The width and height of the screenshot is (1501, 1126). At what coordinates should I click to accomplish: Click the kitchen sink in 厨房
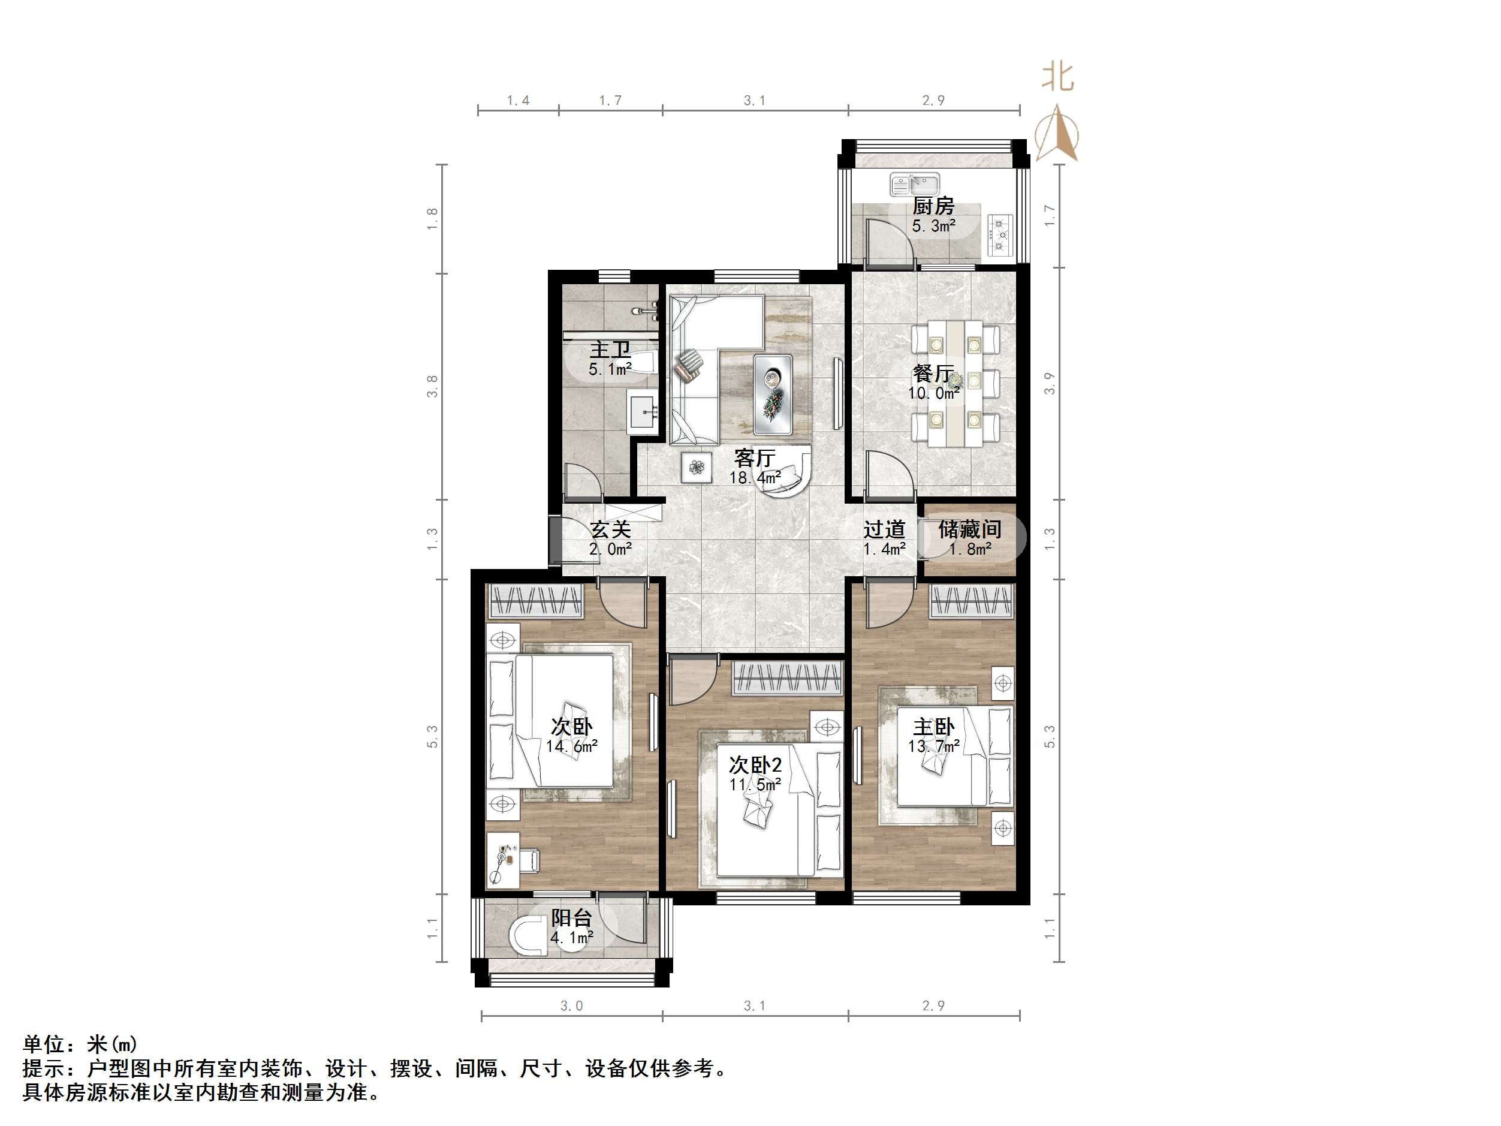915,184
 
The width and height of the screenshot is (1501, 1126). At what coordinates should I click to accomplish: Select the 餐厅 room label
933,374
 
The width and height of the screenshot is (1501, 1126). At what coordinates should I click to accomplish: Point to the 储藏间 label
970,529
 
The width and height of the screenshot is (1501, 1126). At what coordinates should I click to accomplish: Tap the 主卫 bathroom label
610,350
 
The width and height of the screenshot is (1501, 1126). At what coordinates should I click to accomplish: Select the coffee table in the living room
773,394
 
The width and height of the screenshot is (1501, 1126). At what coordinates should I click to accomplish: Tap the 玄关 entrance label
610,529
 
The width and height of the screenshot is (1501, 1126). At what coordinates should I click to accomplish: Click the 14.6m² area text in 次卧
571,746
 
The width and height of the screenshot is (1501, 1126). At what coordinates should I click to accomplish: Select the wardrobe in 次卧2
787,678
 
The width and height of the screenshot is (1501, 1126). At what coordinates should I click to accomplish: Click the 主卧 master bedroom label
933,727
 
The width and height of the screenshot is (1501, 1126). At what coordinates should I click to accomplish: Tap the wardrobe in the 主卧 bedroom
972,601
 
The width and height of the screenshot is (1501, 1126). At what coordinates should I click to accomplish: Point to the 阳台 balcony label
571,919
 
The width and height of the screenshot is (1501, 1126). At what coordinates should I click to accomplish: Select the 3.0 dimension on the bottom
571,1006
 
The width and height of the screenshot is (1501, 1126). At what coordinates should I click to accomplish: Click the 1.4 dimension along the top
518,101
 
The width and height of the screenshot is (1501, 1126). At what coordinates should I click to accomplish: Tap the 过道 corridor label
884,529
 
